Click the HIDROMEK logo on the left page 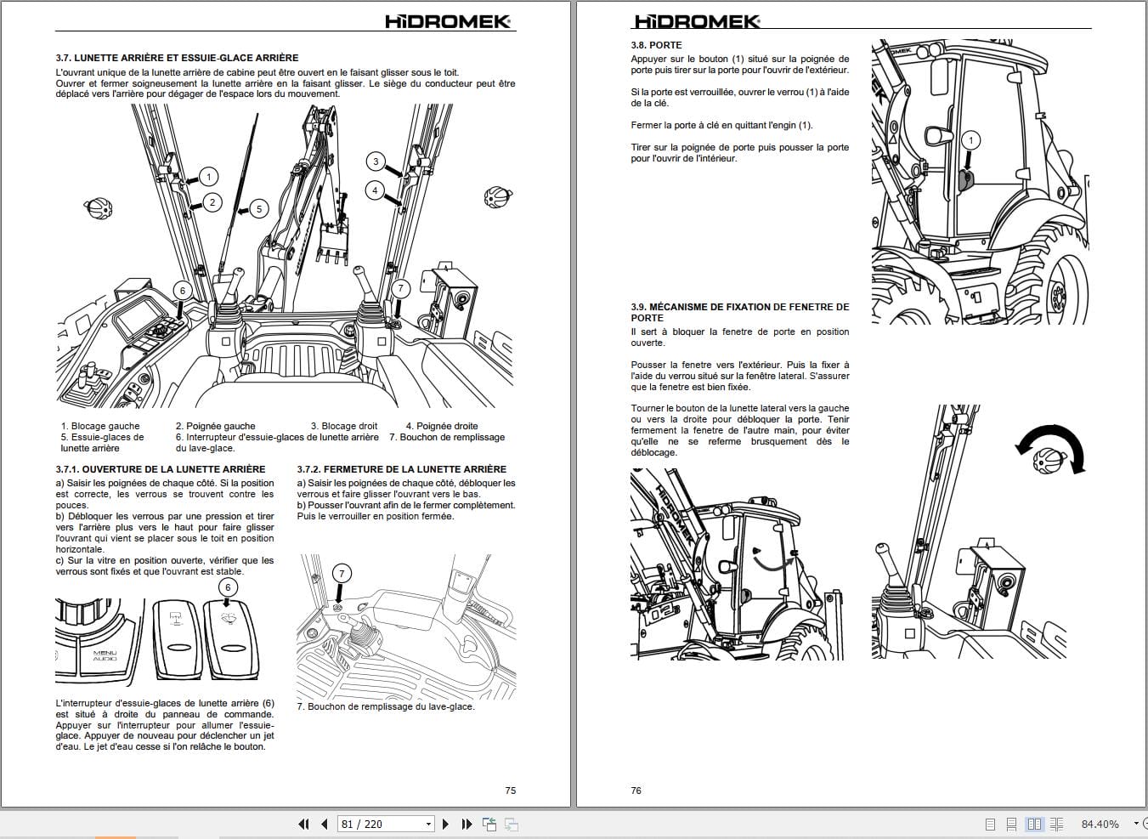[448, 22]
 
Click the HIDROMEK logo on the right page [697, 22]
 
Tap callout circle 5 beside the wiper [259, 208]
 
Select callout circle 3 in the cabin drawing [376, 162]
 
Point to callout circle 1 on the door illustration [971, 140]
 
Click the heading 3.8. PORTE [656, 45]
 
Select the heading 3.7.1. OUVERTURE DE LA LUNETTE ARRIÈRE [161, 469]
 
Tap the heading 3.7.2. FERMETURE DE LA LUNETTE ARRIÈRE [401, 469]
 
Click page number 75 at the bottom [511, 791]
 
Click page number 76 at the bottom [636, 791]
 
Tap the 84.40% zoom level [1100, 824]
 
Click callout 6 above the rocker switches [228, 587]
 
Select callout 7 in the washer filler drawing [342, 574]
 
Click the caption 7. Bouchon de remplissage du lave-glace [385, 706]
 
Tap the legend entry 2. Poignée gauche [215, 426]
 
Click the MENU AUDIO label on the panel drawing [105, 655]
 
